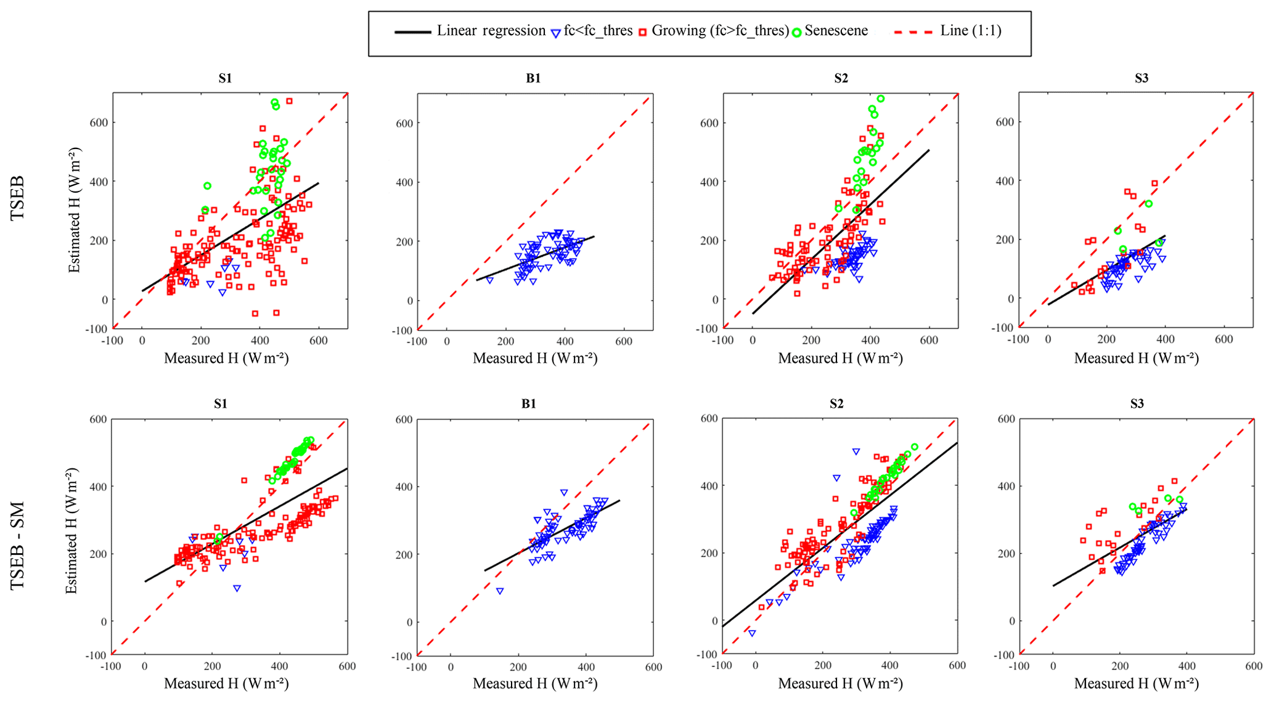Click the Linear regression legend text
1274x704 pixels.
[x=491, y=31]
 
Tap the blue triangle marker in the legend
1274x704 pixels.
[x=555, y=33]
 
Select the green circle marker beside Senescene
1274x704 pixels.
[x=796, y=32]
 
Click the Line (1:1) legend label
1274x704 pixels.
[x=970, y=31]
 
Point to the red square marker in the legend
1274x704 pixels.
[x=642, y=32]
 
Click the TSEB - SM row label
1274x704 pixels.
[x=18, y=546]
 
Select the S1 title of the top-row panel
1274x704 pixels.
[x=225, y=78]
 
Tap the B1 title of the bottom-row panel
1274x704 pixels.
[x=528, y=404]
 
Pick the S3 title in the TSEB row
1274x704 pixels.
[x=1141, y=78]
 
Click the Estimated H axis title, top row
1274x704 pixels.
[x=75, y=210]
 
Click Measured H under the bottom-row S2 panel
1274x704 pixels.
[x=840, y=683]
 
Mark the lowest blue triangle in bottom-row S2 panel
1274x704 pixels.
[x=752, y=633]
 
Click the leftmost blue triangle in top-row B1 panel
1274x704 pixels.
[x=490, y=280]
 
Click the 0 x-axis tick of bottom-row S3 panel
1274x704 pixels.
[x=1053, y=666]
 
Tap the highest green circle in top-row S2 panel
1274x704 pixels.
[x=881, y=99]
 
